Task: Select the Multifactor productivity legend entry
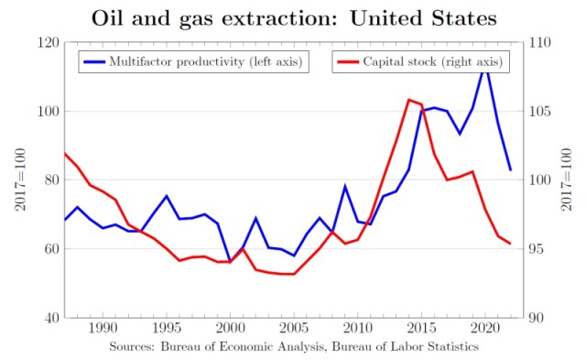point(193,62)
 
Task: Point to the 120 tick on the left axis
point(49,43)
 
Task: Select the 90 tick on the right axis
point(537,318)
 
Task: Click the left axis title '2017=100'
point(20,180)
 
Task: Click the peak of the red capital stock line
point(408,100)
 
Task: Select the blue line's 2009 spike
point(345,186)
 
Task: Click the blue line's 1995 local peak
point(167,196)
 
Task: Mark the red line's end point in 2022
point(510,244)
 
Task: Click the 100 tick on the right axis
point(540,180)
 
